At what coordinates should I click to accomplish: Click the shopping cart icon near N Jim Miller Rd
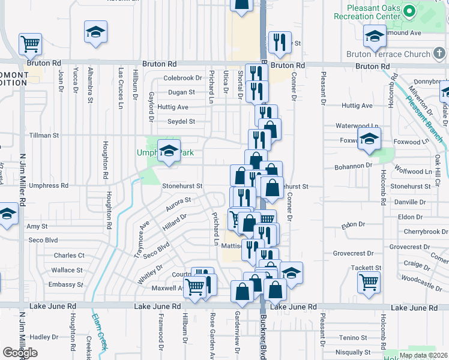coord(30,44)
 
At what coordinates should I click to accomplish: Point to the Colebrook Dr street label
coord(182,78)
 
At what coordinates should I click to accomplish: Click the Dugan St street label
coord(181,92)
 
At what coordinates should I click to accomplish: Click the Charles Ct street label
coord(69,256)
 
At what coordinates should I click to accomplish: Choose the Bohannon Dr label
coord(354,164)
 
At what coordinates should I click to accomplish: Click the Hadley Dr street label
coord(43,337)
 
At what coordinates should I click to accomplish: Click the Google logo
coord(20,353)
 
